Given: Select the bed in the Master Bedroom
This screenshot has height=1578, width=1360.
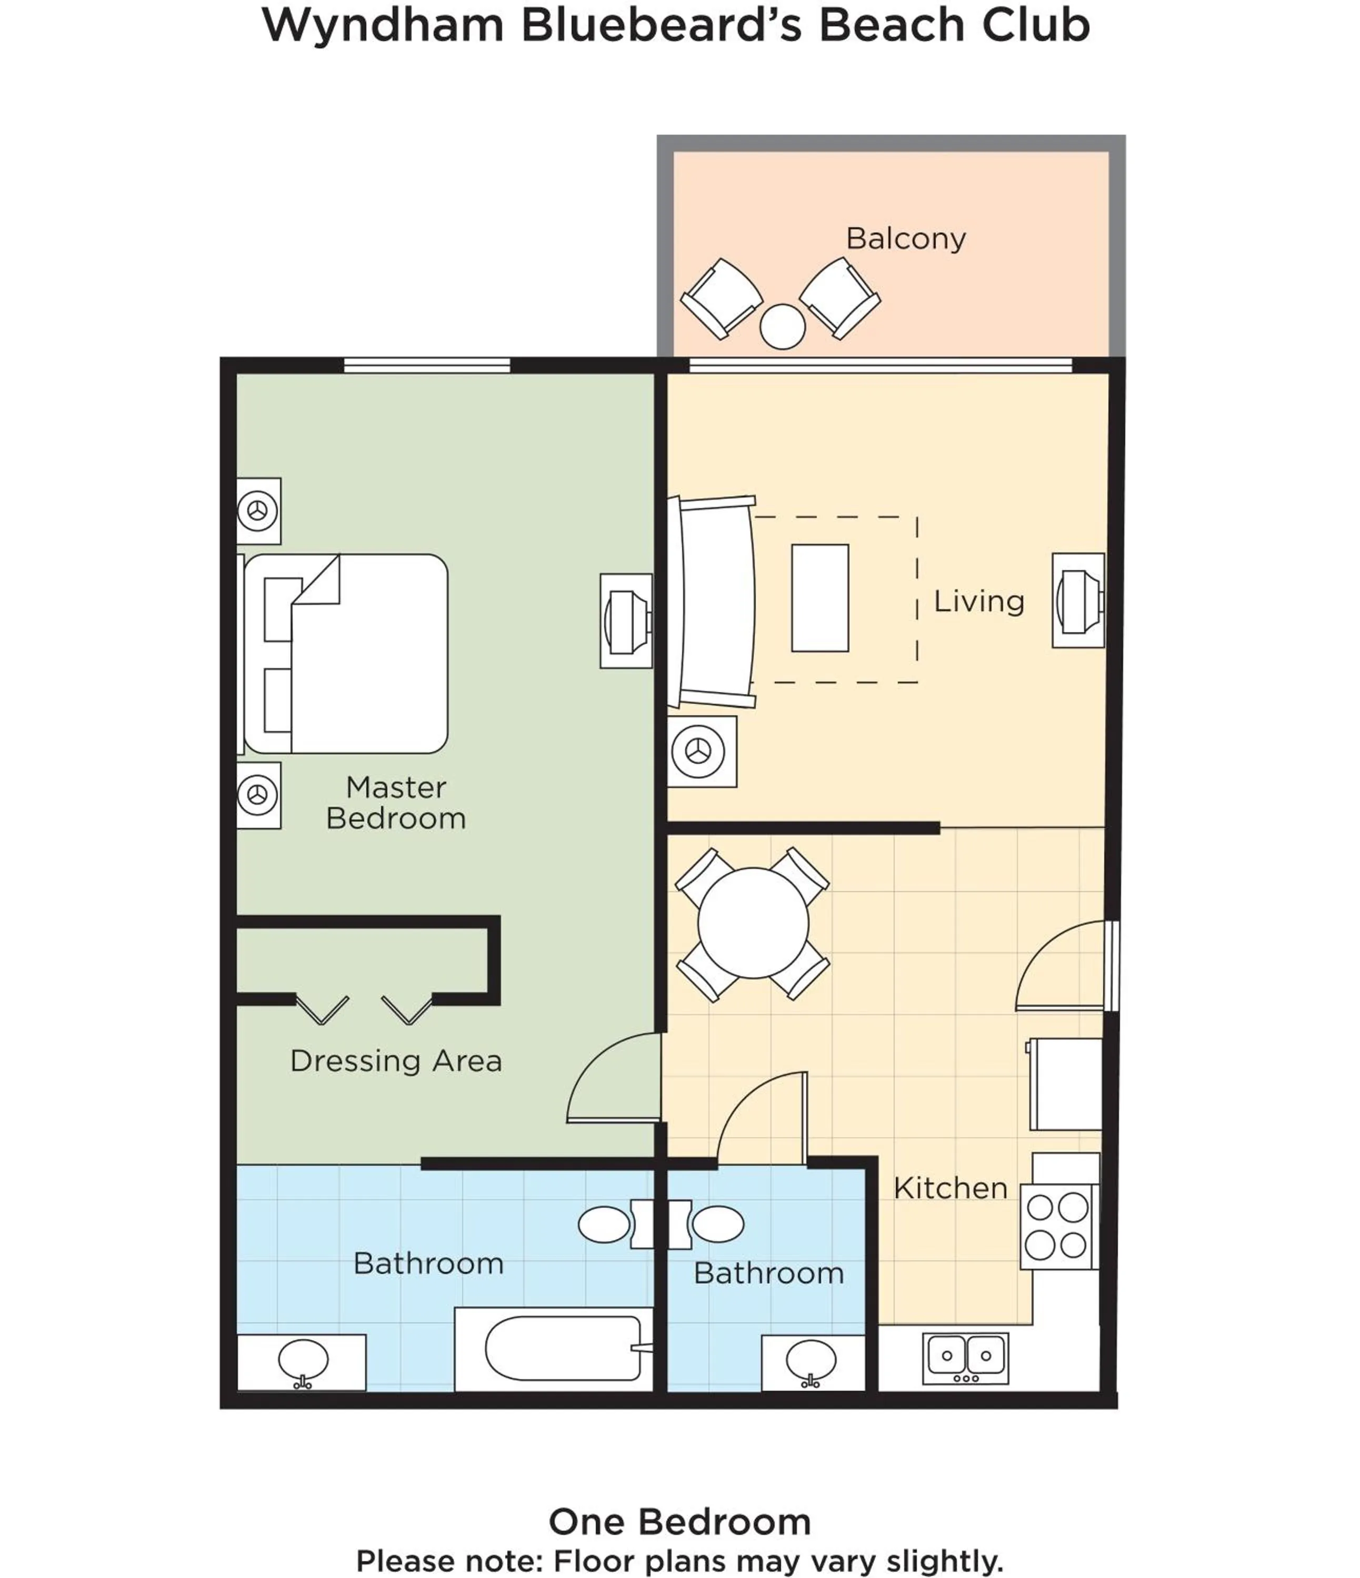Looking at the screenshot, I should click(347, 653).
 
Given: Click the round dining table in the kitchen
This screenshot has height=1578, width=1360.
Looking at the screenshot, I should click(753, 923).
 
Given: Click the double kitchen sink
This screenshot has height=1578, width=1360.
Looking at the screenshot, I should click(965, 1357).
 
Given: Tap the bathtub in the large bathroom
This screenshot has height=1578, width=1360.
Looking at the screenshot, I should click(564, 1348).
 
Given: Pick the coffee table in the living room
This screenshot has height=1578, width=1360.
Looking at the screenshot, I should click(820, 598).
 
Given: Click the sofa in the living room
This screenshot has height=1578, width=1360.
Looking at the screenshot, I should click(713, 602).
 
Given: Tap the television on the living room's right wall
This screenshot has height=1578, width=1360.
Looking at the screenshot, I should click(1078, 600).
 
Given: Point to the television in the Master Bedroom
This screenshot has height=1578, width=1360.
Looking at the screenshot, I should click(626, 621).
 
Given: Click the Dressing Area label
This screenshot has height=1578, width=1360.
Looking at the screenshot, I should click(396, 1061).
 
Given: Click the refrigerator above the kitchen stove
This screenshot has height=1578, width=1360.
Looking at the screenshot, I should click(1065, 1083).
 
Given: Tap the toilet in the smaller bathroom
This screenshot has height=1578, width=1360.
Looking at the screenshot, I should click(716, 1224).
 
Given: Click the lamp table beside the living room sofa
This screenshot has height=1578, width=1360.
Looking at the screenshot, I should click(702, 751).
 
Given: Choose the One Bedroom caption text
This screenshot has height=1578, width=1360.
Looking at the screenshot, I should click(679, 1522).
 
